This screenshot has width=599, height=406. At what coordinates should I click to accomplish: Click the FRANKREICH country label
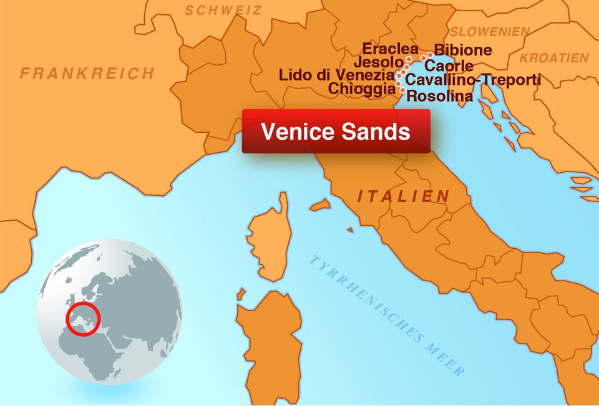pos(87,74)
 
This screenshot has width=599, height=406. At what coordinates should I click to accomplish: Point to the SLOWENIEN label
pos(490,32)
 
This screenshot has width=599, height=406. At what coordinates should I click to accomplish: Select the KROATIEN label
pos(554,58)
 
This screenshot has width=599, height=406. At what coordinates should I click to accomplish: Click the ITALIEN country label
pos(403,196)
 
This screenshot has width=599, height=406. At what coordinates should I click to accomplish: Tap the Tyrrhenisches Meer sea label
pos(387,315)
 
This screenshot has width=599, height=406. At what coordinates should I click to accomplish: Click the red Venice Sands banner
pos(336,132)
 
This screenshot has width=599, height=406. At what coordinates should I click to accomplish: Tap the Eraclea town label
pos(391,49)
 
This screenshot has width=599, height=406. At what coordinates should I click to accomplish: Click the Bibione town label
pos(463,50)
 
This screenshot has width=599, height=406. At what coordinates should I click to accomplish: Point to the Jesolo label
pos(379,62)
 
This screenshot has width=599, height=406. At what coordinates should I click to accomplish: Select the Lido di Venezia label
pos(336,76)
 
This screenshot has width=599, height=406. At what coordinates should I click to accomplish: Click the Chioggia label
pos(362,89)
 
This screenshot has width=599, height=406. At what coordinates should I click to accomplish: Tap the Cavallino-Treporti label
pos(473,80)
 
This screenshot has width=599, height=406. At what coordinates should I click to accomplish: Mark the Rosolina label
pos(440,97)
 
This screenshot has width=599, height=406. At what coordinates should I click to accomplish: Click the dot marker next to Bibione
pos(430,55)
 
